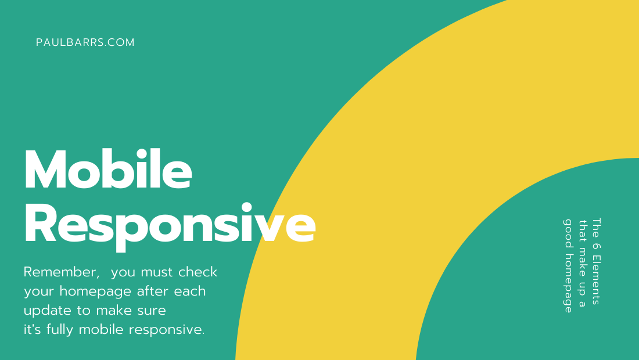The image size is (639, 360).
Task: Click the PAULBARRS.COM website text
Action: (x=85, y=42)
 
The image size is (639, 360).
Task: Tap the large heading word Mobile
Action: (x=108, y=169)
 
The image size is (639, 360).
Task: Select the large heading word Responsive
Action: (x=170, y=225)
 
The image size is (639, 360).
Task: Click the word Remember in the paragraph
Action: (x=62, y=272)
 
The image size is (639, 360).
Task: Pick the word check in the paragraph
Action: (x=198, y=272)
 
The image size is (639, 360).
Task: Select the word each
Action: (x=190, y=291)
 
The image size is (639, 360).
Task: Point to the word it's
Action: (x=32, y=329)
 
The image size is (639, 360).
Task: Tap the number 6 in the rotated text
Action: (x=596, y=246)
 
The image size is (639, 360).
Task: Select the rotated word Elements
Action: (x=596, y=279)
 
